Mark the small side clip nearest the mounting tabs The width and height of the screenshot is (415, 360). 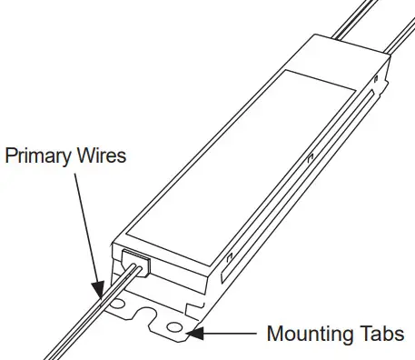223,265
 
